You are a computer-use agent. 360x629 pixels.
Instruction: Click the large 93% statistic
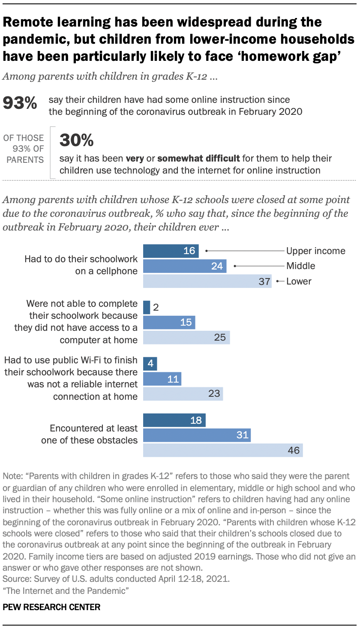[20, 104]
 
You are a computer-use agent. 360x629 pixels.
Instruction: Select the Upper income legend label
[315, 251]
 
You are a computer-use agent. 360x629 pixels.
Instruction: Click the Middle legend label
[300, 266]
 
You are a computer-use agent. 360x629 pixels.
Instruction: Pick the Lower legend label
[299, 282]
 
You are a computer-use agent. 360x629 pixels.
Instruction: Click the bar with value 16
[171, 251]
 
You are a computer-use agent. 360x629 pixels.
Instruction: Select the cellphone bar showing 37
[207, 282]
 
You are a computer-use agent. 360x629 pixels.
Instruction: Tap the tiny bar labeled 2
[147, 307]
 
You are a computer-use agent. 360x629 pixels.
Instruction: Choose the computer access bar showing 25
[186, 338]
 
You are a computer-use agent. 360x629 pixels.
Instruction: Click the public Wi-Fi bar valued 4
[150, 364]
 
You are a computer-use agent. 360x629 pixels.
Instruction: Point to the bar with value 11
[162, 379]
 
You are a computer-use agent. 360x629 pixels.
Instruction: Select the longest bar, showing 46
[222, 450]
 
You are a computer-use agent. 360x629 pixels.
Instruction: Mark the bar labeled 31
[196, 435]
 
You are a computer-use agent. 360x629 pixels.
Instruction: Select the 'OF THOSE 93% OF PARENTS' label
[24, 149]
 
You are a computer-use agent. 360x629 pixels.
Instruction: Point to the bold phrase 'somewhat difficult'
[198, 159]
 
